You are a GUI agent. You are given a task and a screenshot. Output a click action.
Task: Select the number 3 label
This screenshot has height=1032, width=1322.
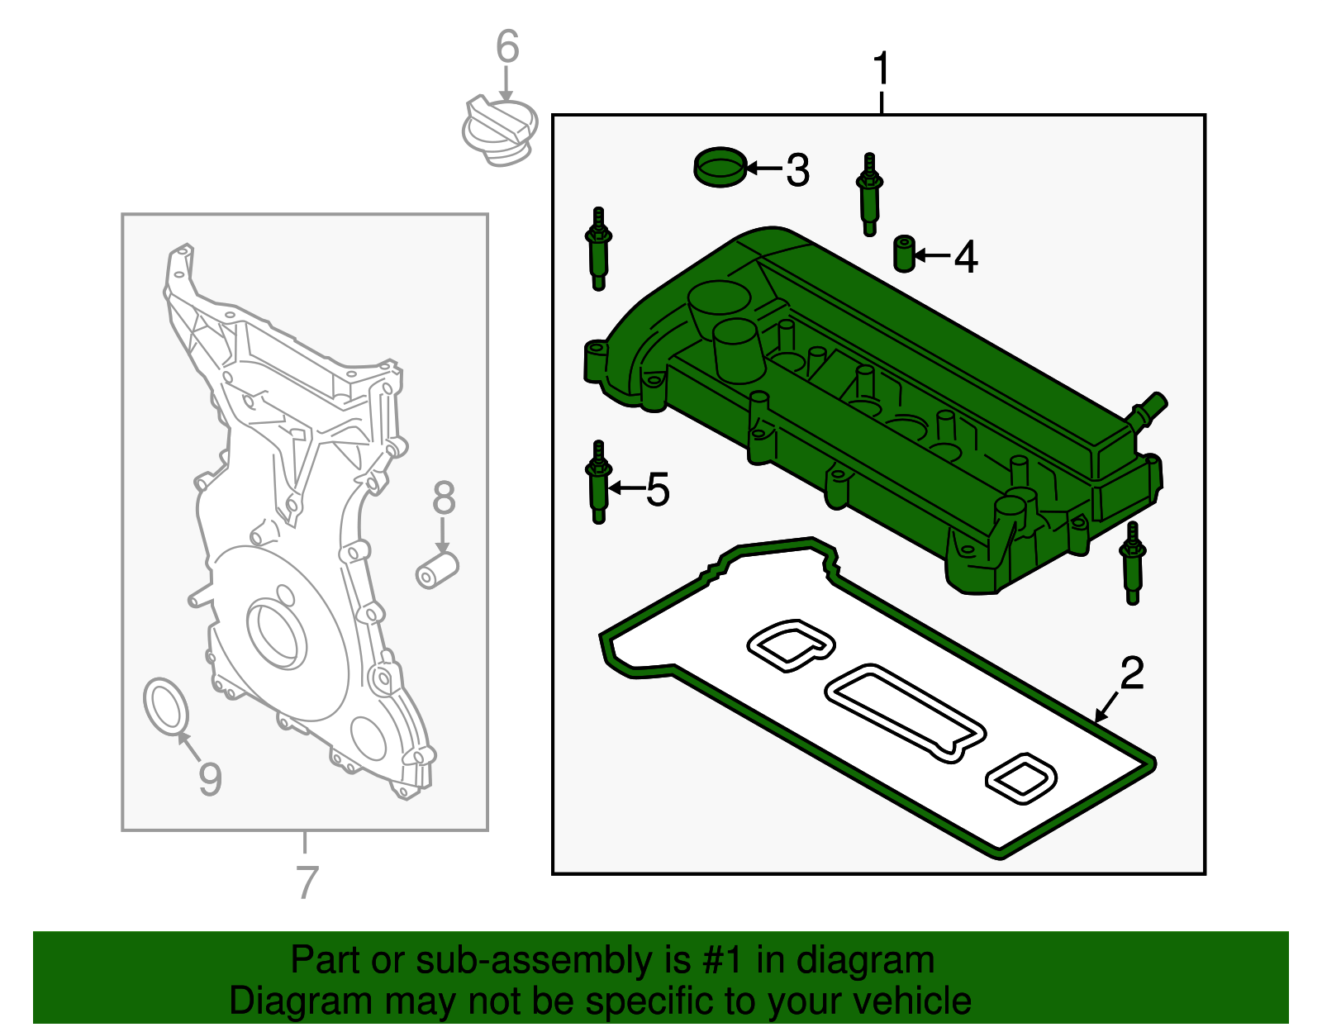pyautogui.click(x=797, y=170)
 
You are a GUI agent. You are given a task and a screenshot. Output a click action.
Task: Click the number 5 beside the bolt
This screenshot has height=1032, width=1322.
pyautogui.click(x=658, y=490)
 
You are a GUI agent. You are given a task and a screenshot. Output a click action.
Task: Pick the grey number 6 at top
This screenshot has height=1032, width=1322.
pyautogui.click(x=507, y=47)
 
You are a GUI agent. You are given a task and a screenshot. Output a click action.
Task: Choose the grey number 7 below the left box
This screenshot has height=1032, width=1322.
pyautogui.click(x=307, y=882)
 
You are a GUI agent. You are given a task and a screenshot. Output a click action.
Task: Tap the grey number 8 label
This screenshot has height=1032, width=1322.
pyautogui.click(x=444, y=498)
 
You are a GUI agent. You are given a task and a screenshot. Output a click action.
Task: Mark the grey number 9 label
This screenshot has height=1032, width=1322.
pyautogui.click(x=210, y=778)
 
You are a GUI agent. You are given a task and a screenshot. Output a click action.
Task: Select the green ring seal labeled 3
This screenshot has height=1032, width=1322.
pyautogui.click(x=720, y=167)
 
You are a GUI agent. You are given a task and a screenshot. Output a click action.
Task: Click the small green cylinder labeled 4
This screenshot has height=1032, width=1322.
pyautogui.click(x=905, y=253)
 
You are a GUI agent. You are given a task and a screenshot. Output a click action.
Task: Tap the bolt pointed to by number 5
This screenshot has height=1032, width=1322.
pyautogui.click(x=598, y=483)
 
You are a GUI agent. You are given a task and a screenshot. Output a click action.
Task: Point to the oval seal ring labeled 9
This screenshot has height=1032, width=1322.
pyautogui.click(x=166, y=706)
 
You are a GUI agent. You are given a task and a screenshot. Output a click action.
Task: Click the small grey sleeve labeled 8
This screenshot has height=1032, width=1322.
pyautogui.click(x=436, y=570)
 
